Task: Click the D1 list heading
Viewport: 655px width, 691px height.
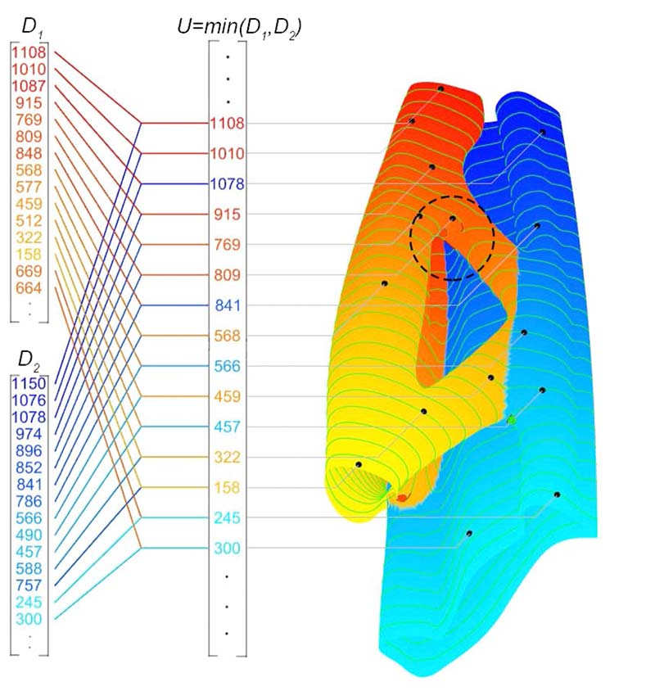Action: point(32,28)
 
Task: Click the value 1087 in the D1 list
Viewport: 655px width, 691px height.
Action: point(29,86)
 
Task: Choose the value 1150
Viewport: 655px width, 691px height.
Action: point(29,383)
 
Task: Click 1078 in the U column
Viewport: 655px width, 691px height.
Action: point(227,184)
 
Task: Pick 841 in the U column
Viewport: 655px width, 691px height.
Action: point(227,305)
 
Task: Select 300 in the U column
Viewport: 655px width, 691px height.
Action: point(227,548)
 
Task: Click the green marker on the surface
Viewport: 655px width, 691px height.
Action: point(512,419)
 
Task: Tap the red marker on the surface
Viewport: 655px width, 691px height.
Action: point(402,497)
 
